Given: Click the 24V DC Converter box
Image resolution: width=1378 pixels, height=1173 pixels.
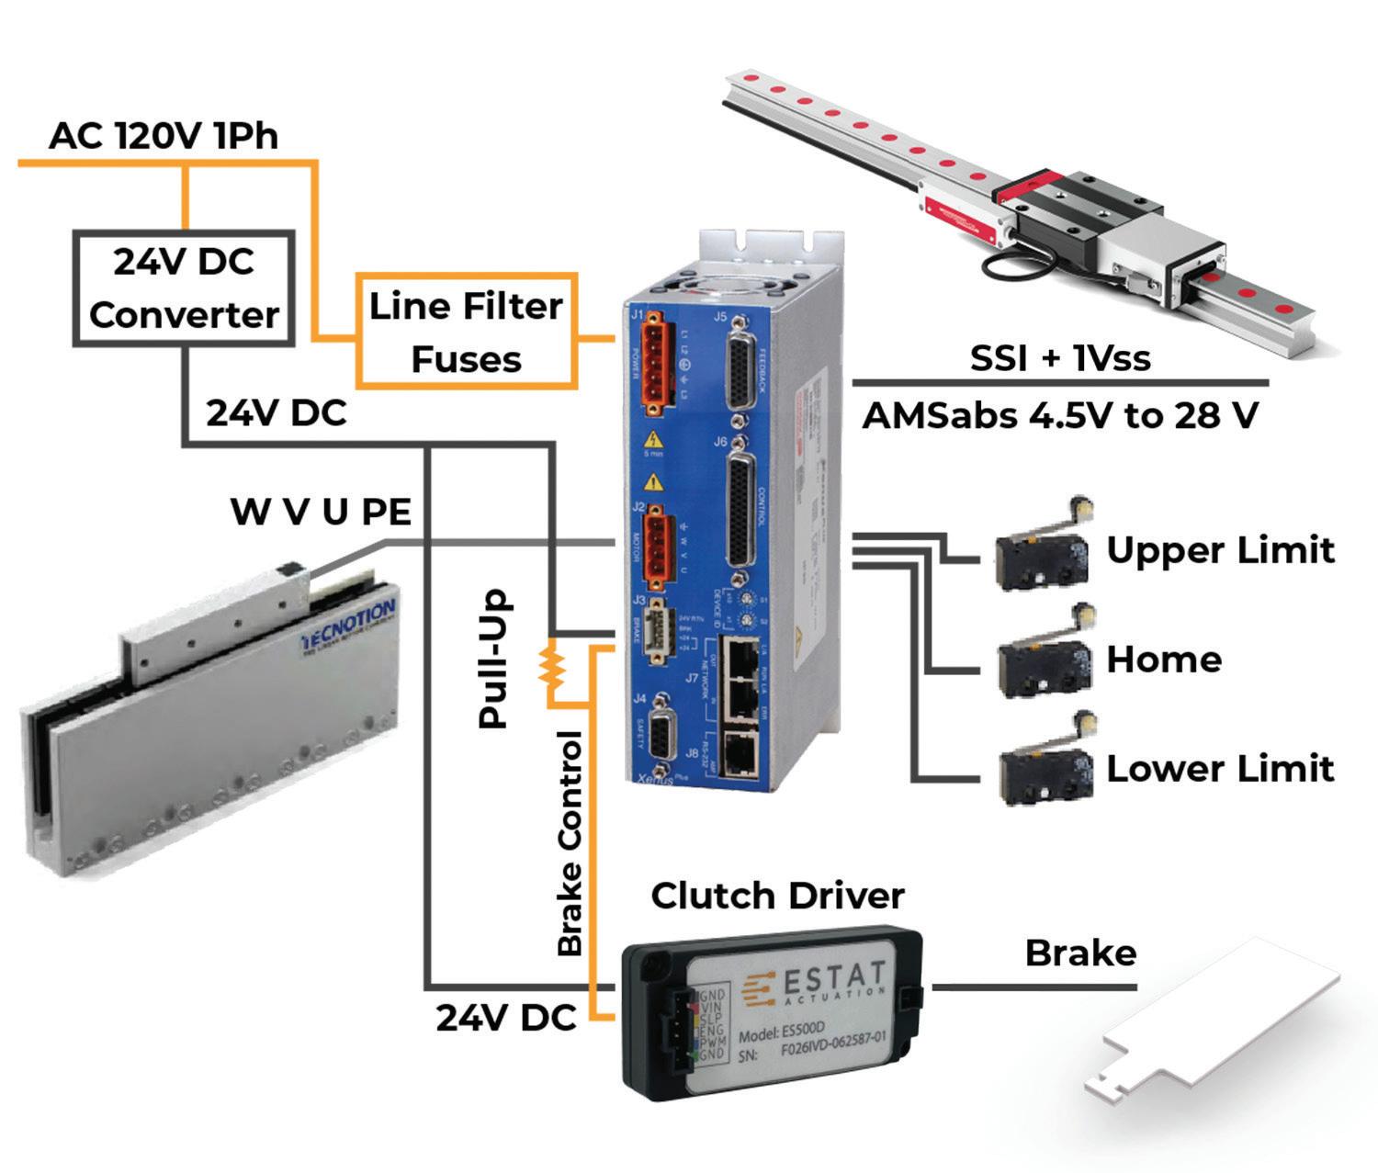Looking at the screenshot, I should (x=184, y=288).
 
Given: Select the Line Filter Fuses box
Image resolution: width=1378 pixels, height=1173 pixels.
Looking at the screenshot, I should (x=466, y=331).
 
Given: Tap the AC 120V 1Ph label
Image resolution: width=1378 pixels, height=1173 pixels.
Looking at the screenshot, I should (x=164, y=136).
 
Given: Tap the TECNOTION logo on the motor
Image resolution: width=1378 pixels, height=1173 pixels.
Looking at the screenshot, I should (x=349, y=625).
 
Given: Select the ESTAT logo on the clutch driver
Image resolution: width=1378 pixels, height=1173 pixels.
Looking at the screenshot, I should (x=818, y=983).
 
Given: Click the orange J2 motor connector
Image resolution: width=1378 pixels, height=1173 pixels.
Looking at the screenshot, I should (x=654, y=546).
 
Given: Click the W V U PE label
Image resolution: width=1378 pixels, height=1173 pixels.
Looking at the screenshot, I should (x=321, y=512).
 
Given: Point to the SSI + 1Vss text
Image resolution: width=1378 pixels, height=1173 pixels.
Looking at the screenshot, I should (x=1060, y=357).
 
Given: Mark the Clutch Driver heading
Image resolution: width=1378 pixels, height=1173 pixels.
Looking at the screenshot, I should (x=777, y=896).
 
